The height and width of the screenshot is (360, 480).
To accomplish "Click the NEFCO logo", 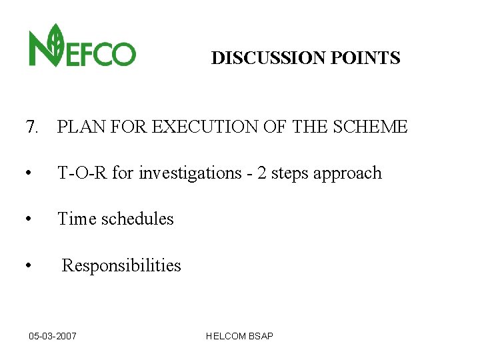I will pos(82,46).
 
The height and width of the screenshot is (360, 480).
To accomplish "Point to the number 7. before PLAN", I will pos(32,127).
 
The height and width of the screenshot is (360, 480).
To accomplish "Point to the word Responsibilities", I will pos(121,266).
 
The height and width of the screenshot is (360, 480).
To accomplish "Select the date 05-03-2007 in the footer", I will pos(53,336).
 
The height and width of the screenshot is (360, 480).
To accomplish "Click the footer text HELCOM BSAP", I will pos(239,336).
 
